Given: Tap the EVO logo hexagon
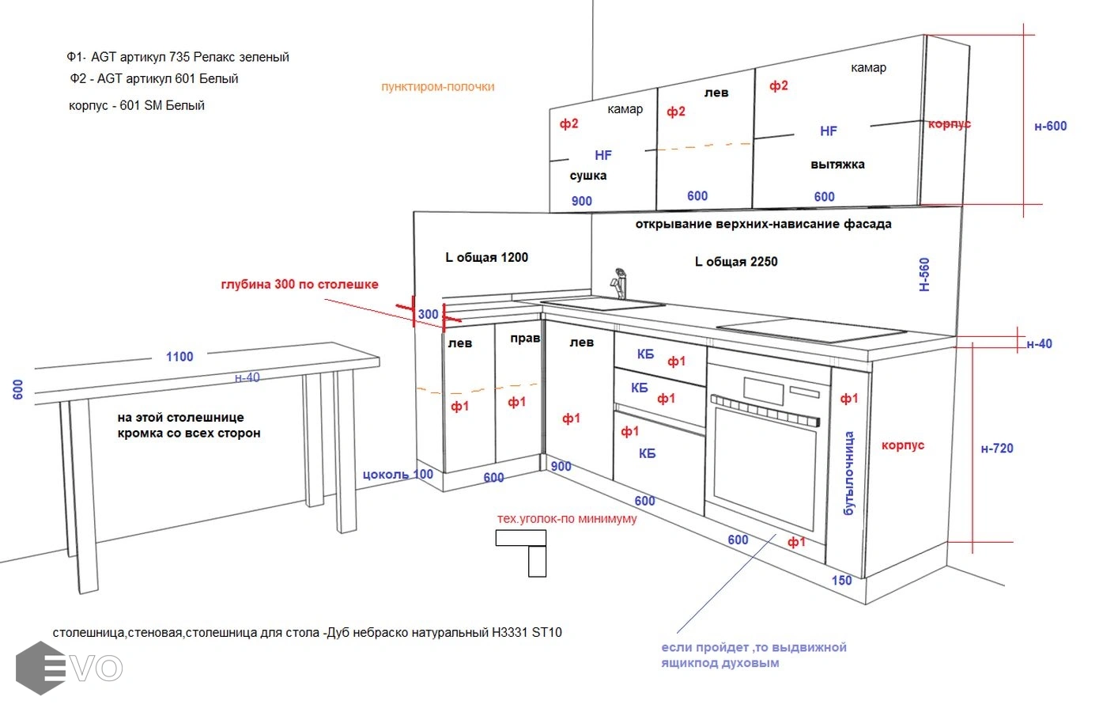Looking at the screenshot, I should pyautogui.click(x=40, y=668).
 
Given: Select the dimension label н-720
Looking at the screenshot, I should pyautogui.click(x=996, y=449).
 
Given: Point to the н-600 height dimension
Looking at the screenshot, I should pyautogui.click(x=1050, y=126).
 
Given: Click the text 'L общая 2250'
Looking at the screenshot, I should pyautogui.click(x=735, y=262).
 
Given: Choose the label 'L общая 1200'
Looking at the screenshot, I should pyautogui.click(x=486, y=257).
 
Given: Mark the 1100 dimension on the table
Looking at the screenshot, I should pyautogui.click(x=179, y=357).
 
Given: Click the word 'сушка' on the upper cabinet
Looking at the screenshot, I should pyautogui.click(x=587, y=176).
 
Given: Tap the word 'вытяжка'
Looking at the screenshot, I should pyautogui.click(x=837, y=165).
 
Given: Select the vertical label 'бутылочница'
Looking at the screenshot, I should pyautogui.click(x=848, y=473).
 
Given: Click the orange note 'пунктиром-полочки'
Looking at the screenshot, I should pyautogui.click(x=437, y=87).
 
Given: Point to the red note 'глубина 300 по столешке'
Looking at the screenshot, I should pyautogui.click(x=299, y=285).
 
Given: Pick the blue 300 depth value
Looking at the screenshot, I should pyautogui.click(x=428, y=314).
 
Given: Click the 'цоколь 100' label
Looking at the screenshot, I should pyautogui.click(x=398, y=475).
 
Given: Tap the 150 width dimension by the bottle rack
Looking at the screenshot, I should pyautogui.click(x=841, y=581).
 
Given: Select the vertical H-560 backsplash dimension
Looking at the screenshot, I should pyautogui.click(x=924, y=275).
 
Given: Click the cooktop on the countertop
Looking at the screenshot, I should pyautogui.click(x=810, y=330).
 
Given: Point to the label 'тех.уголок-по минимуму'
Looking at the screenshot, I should pyautogui.click(x=566, y=519).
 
